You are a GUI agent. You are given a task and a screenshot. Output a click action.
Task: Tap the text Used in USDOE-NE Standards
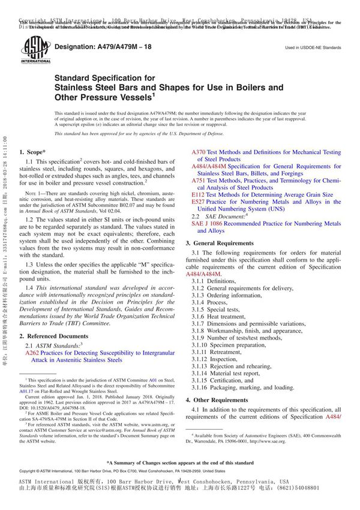(313, 47)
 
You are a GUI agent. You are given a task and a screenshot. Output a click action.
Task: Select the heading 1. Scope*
(35, 152)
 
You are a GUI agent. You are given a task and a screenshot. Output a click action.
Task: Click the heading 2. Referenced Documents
(53, 336)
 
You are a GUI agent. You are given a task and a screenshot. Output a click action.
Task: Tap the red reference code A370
(198, 152)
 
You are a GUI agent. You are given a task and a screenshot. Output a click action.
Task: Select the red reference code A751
(198, 181)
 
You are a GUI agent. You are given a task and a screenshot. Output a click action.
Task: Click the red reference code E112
(198, 195)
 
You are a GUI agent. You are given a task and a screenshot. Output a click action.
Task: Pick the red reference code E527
(198, 202)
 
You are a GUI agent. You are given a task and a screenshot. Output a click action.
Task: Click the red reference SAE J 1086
(206, 223)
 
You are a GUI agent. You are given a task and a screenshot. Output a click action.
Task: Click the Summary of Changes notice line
(180, 463)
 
